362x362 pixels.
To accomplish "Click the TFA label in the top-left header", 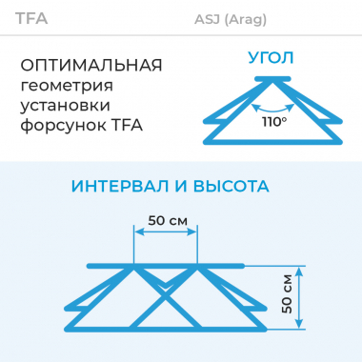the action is tap(31, 18).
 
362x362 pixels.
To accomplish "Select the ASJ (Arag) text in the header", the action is tap(231, 19).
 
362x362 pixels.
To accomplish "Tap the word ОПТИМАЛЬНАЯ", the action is tap(91, 65).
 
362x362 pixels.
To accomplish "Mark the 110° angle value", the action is tap(275, 121).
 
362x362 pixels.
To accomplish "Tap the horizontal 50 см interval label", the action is tap(167, 220).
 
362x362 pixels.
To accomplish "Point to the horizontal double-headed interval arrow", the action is tap(166, 234).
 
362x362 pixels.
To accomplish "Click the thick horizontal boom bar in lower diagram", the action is tap(167, 265).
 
